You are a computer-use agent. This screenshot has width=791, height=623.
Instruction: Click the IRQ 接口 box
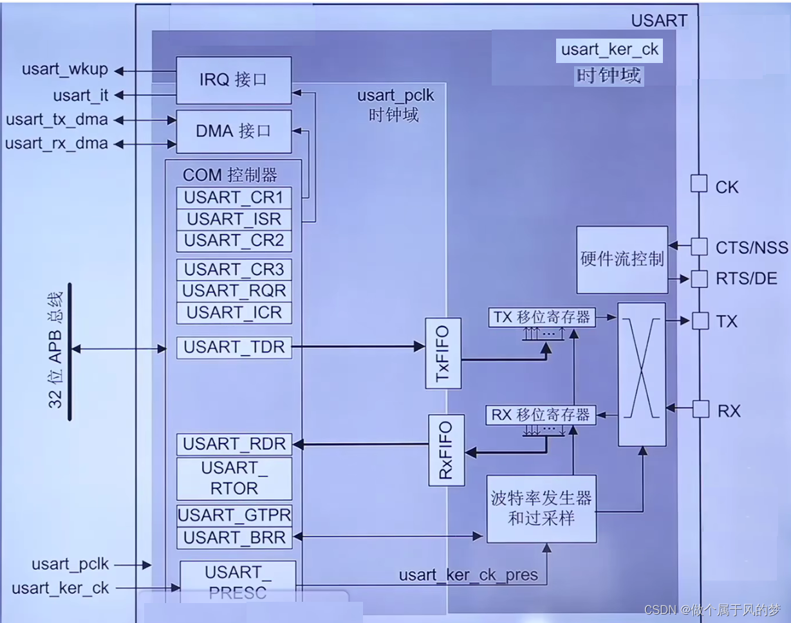coord(233,80)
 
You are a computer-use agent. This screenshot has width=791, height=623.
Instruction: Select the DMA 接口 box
coord(233,131)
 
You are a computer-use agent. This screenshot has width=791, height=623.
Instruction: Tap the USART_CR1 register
coord(234,197)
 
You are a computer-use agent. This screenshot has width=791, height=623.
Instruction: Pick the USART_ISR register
coord(234,219)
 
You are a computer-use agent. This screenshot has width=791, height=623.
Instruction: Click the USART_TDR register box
coord(234,347)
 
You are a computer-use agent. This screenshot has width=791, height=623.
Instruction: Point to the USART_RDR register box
coord(234,444)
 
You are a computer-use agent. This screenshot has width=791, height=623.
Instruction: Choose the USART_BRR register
coord(234,537)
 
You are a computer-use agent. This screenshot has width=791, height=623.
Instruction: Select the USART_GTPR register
coord(234,515)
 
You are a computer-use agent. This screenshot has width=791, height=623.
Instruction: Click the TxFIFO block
coord(443,353)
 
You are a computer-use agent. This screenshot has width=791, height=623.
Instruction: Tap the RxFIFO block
coord(446,450)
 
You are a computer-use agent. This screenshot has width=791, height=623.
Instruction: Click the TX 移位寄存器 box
coord(541,317)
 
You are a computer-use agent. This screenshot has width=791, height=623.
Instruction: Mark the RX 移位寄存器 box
coord(541,415)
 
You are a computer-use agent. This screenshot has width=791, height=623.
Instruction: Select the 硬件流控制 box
coord(622,259)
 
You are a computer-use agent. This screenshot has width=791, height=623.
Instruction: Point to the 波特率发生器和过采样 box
coord(541,509)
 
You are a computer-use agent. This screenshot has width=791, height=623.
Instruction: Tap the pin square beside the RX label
coord(700,409)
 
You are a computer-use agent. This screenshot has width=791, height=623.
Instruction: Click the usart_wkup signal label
coord(64,69)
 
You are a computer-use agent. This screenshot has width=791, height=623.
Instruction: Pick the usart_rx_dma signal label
coord(57,143)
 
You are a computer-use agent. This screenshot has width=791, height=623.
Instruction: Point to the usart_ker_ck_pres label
coord(468,575)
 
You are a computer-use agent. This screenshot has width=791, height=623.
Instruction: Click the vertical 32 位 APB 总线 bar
coord(68,351)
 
